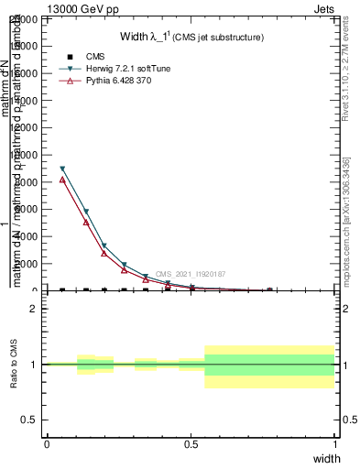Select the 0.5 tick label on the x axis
point(191,444)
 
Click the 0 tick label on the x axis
point(47,444)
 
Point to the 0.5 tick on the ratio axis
point(32,420)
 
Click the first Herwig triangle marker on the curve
point(62,169)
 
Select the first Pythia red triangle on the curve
point(62,180)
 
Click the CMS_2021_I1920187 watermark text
point(191,274)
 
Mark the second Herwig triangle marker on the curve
point(86,212)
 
